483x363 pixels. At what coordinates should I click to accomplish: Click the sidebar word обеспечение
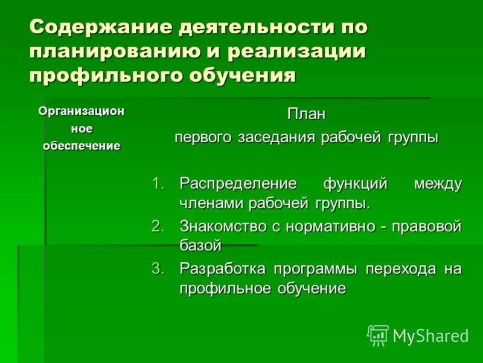pos(81,146)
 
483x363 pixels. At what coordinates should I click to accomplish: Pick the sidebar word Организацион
pos(81,111)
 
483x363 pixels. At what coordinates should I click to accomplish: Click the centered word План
pos(305,114)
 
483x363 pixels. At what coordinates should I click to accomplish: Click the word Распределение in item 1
pos(238,183)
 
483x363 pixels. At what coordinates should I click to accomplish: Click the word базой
pos(200,246)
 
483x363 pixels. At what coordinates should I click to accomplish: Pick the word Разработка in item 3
pos(223,268)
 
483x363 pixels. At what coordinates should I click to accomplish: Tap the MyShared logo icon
pos(378,335)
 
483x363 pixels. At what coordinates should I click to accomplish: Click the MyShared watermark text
pos(431,335)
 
